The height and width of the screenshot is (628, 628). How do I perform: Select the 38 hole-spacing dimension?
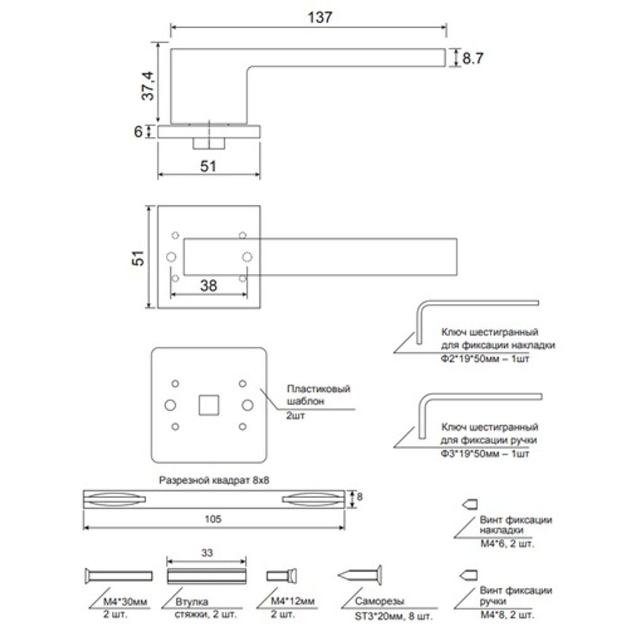[x=208, y=286]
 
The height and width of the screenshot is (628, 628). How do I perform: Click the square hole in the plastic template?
[x=208, y=404]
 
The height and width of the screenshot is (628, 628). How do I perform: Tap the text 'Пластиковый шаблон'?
[x=318, y=396]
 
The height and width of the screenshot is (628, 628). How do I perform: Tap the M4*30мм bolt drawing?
[x=117, y=575]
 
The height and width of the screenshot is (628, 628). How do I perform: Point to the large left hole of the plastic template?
[x=169, y=404]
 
